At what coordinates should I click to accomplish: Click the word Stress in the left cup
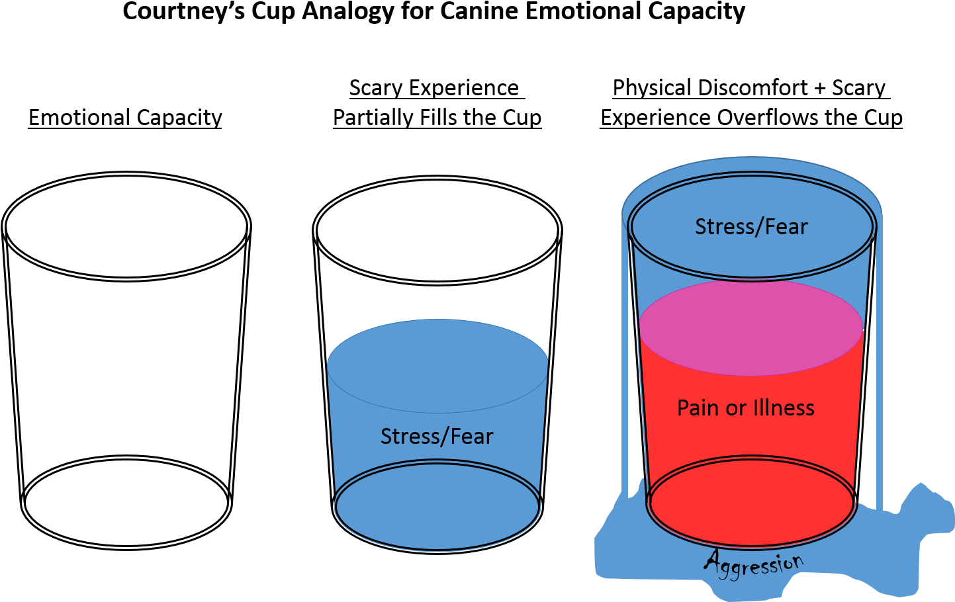(410, 437)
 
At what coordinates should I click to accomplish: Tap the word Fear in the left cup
(472, 437)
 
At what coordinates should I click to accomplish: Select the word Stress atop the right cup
(724, 227)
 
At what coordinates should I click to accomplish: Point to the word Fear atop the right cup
(787, 227)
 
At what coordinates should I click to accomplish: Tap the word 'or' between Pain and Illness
(736, 409)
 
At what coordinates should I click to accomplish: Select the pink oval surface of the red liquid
(750, 327)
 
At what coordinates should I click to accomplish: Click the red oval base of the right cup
(752, 503)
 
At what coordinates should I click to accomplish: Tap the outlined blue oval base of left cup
(437, 507)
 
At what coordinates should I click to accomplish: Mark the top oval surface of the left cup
(437, 365)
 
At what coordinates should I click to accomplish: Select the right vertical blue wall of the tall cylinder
(879, 364)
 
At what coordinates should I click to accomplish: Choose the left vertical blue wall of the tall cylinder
(625, 364)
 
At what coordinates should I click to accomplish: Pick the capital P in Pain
(683, 408)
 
